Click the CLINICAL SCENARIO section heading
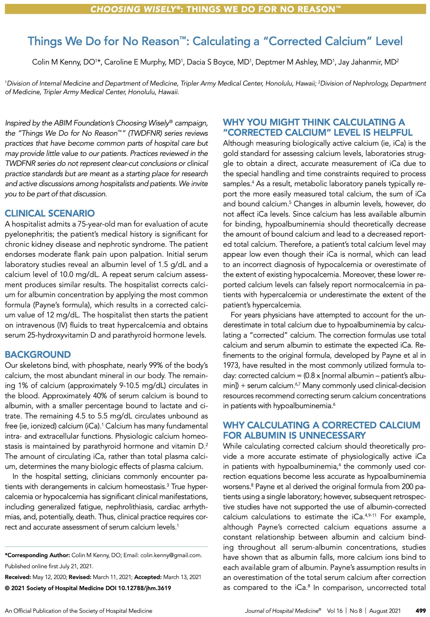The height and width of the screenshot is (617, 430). [x=50, y=213]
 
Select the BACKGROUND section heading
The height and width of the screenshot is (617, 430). [x=38, y=354]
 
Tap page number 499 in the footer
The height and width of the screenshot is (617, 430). [x=421, y=611]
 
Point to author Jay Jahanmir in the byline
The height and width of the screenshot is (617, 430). [x=359, y=62]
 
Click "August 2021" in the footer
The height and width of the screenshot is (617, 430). [x=385, y=611]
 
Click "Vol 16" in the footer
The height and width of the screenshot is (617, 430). [x=335, y=611]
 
